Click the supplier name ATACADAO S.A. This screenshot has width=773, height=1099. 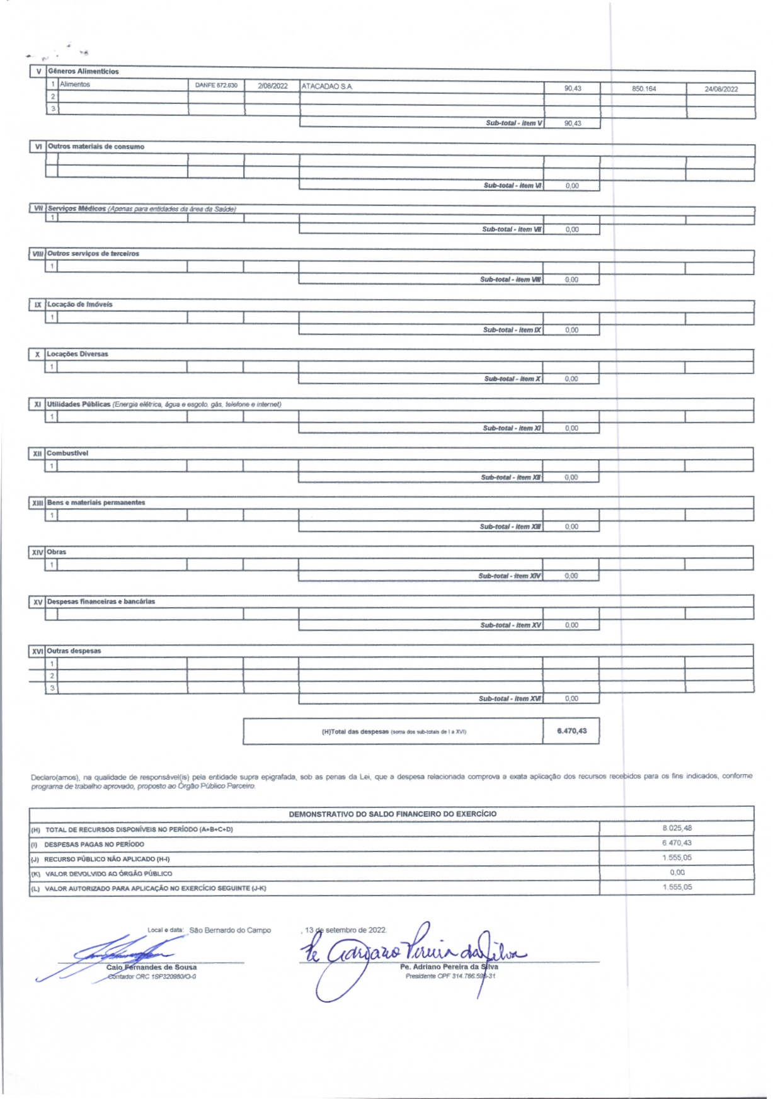click(x=327, y=86)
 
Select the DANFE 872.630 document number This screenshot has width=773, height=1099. click(x=216, y=85)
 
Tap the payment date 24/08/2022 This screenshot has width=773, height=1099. click(x=721, y=89)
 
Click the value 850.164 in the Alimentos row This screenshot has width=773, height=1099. click(x=644, y=89)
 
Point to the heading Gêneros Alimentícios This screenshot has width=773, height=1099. click(x=83, y=72)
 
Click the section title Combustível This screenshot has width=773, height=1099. click(x=67, y=453)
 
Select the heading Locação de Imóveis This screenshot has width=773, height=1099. click(x=80, y=305)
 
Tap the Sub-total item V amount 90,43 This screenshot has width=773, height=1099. click(x=573, y=123)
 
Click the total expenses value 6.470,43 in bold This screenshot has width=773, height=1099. click(x=571, y=731)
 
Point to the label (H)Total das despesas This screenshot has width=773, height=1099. click(x=355, y=732)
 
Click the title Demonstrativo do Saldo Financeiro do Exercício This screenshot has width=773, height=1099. click(x=392, y=814)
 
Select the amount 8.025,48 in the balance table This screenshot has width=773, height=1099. click(x=677, y=828)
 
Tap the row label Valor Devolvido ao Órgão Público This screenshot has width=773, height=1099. click(x=108, y=874)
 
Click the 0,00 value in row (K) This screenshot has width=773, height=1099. click(x=677, y=873)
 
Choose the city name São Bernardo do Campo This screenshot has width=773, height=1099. click(x=230, y=930)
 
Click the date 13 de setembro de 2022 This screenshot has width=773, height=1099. click(x=346, y=930)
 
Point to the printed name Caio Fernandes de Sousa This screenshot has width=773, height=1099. click(x=151, y=967)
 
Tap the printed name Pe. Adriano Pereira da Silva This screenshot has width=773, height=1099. click(x=449, y=967)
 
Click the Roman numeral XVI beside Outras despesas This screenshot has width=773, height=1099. click(x=38, y=652)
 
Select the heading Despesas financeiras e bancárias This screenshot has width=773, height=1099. click(x=101, y=602)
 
